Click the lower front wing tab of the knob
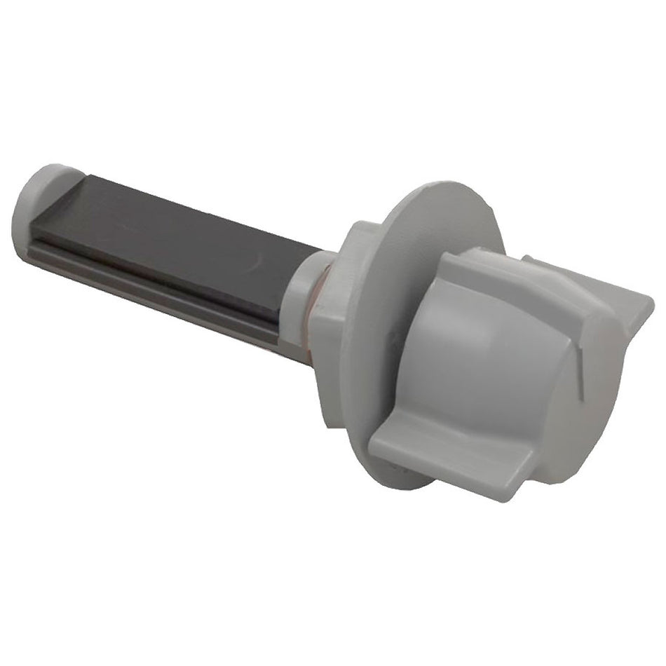coord(449,449)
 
